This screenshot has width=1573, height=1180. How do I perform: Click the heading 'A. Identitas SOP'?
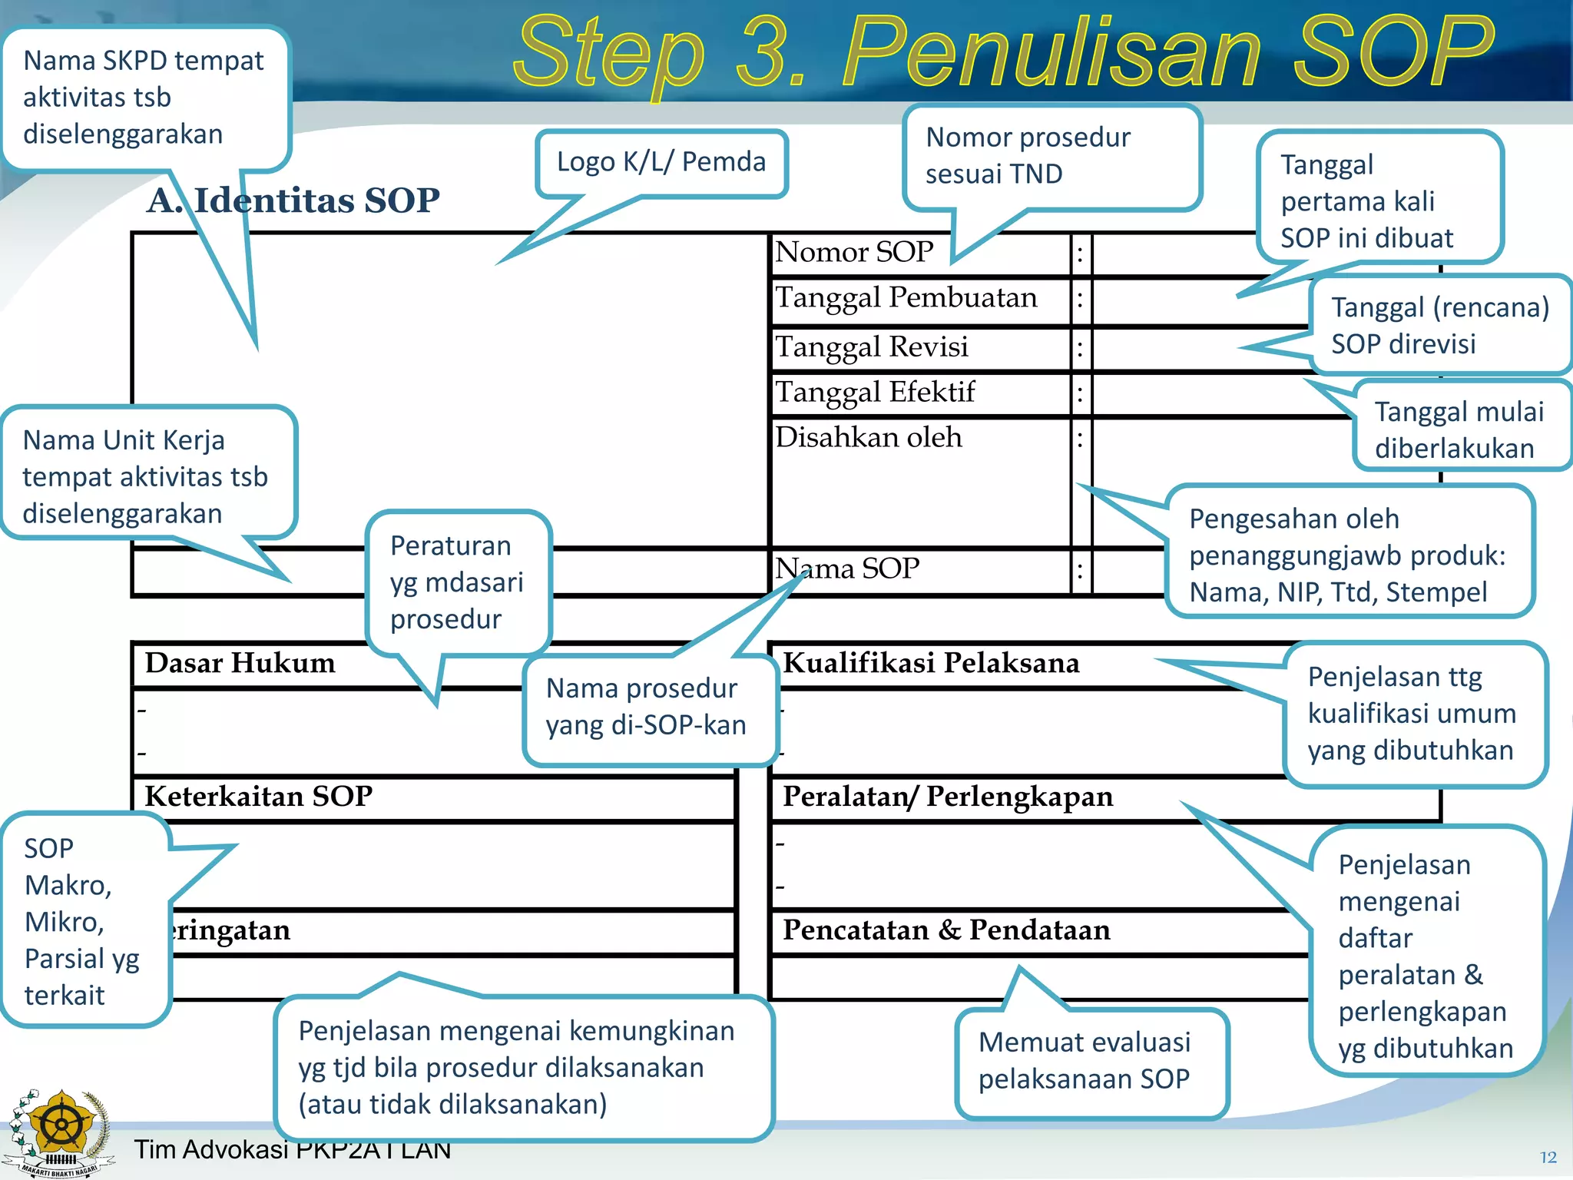click(293, 201)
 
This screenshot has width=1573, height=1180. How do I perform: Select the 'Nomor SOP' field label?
click(854, 252)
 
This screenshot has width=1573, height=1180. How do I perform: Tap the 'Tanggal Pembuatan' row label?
click(906, 297)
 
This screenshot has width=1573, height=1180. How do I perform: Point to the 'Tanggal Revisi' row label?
click(872, 346)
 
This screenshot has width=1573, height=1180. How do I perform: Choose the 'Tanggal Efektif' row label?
click(875, 393)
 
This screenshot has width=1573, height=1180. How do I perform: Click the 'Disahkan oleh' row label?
click(868, 438)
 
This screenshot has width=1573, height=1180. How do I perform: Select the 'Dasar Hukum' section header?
click(240, 663)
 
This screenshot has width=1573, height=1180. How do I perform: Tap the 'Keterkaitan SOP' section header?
click(258, 797)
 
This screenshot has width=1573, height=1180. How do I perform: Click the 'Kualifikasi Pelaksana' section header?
click(931, 663)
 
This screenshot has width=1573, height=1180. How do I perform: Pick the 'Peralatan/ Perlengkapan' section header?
click(947, 797)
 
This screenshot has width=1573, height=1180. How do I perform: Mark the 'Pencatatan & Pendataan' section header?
click(946, 930)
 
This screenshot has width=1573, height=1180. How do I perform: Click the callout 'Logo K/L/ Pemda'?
click(661, 162)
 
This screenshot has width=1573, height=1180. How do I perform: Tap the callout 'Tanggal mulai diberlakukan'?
click(1459, 430)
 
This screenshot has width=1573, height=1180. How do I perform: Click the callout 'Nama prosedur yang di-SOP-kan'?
click(645, 707)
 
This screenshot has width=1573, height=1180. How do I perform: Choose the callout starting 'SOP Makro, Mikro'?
click(82, 921)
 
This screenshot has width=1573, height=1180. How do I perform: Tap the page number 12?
click(1548, 1157)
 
